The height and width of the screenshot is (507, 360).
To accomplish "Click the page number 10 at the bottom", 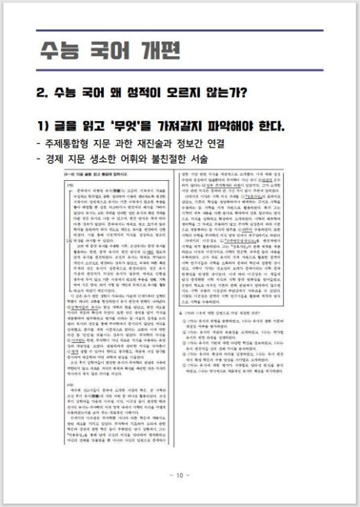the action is pyautogui.click(x=179, y=475).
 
